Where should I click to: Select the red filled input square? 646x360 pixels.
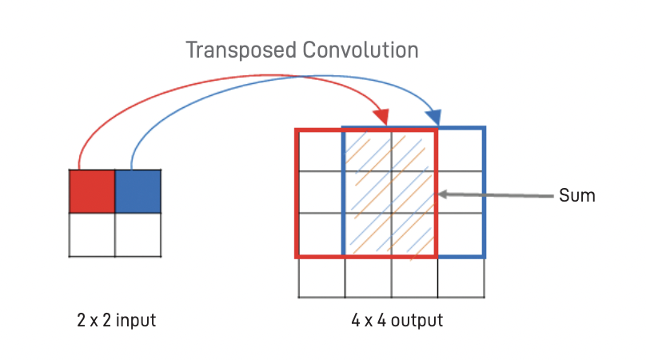[x=93, y=191]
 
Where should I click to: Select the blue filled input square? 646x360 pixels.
[x=138, y=191]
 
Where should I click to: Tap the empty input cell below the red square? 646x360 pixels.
[x=93, y=234]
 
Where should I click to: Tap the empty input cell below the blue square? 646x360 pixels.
[x=138, y=234]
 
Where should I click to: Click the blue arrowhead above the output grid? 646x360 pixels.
[x=436, y=117]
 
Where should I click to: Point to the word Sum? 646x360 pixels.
[x=577, y=194]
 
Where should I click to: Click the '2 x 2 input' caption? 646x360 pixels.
[x=115, y=322]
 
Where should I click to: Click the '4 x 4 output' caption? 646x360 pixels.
[x=397, y=322]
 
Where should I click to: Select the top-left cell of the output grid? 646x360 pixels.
[x=321, y=150]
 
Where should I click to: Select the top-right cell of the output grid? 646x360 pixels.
[x=461, y=150]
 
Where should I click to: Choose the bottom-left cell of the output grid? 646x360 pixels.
[x=321, y=278]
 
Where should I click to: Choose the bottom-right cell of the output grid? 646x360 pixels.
[x=461, y=278]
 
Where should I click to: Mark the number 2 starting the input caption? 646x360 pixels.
[x=81, y=322]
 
